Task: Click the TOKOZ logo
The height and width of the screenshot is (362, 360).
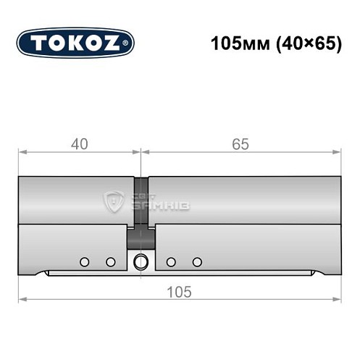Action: [x=75, y=43]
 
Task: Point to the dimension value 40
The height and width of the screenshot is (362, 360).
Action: [x=80, y=144]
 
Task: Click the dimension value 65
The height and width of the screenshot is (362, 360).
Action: [x=240, y=144]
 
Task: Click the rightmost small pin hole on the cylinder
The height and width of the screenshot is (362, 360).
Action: [x=197, y=261]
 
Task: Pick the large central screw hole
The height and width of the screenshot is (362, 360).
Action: [x=141, y=261]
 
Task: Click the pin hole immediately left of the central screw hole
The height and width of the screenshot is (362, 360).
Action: [x=111, y=261]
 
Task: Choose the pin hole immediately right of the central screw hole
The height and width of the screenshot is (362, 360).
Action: [x=171, y=261]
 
